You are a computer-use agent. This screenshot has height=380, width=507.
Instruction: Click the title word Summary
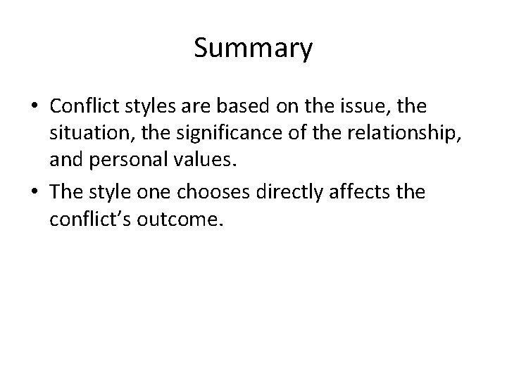pyautogui.click(x=253, y=49)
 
